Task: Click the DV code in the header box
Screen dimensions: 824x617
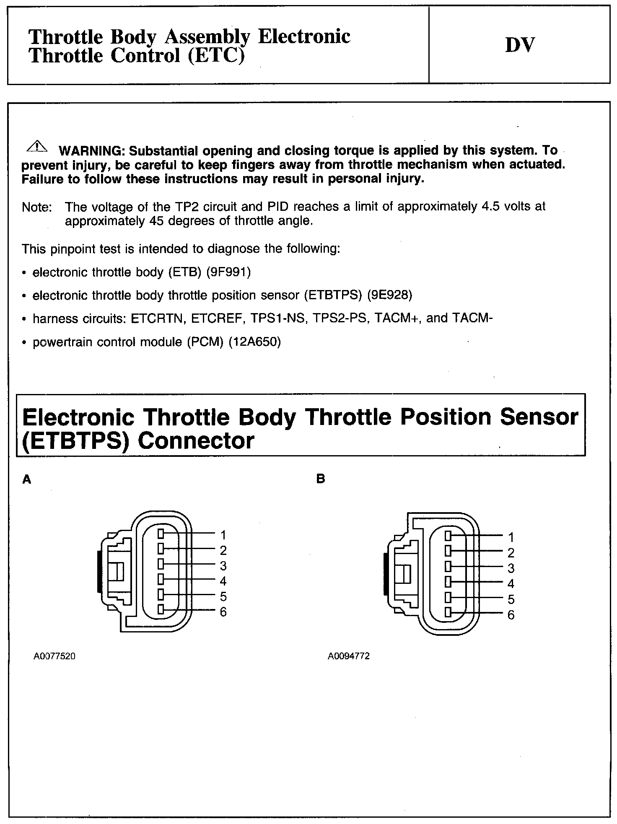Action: [x=520, y=45]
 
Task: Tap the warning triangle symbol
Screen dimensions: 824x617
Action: [x=37, y=146]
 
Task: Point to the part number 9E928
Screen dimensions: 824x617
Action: [x=390, y=295]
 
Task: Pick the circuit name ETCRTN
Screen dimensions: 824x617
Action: [x=158, y=319]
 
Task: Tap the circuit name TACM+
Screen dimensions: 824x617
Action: [x=397, y=319]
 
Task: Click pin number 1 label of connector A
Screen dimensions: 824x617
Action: [x=223, y=535]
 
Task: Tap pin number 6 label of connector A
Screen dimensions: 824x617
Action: [x=223, y=612]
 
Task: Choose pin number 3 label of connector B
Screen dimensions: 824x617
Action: [x=511, y=568]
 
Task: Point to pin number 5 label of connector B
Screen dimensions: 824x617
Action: [x=511, y=599]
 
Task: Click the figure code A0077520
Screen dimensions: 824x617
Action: [x=54, y=656]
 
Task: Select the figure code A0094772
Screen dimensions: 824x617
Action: [x=349, y=656]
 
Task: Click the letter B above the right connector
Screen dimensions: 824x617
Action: [x=321, y=479]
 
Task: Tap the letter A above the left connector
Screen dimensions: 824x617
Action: [x=27, y=479]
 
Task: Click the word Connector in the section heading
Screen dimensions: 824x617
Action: [x=196, y=441]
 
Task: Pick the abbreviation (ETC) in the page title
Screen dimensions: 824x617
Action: [x=216, y=56]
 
